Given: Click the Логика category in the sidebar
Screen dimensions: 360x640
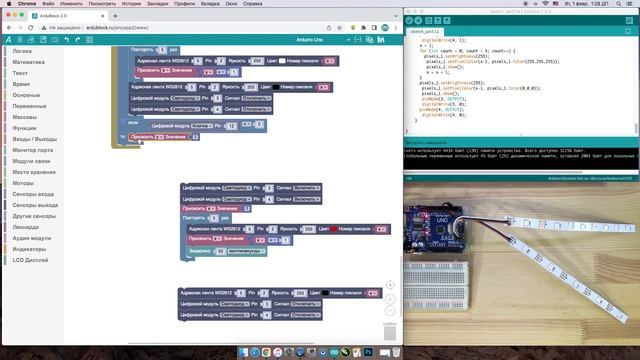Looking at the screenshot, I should click(x=22, y=50).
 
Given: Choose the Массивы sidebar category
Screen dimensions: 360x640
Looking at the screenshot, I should click(x=25, y=116).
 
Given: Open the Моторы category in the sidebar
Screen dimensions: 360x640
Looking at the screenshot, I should click(x=23, y=183).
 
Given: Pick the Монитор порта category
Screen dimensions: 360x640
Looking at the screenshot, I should click(x=33, y=149).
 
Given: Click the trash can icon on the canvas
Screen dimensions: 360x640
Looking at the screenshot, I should click(x=390, y=331).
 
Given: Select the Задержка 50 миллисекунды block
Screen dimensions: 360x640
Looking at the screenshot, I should click(x=219, y=252).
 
